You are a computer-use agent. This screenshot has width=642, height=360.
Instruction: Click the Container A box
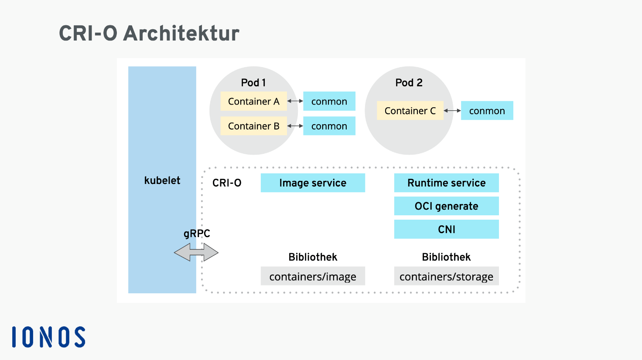[254, 101]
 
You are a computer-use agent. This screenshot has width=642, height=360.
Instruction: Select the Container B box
[254, 126]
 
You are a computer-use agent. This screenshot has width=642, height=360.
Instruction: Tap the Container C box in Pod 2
[410, 111]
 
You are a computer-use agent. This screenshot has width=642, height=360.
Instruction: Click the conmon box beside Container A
[329, 101]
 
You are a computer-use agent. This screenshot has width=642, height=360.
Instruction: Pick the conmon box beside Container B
[329, 126]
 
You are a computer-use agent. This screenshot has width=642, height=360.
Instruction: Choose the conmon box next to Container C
[487, 111]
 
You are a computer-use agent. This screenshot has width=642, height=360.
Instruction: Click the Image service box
[313, 183]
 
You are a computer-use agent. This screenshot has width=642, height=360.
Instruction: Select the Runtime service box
[446, 183]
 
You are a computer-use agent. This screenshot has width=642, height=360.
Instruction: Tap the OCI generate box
[446, 206]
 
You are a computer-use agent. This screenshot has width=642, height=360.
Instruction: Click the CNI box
[446, 229]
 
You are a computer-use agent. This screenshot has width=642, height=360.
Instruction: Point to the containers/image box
[313, 276]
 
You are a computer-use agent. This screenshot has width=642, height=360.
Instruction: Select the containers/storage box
[446, 276]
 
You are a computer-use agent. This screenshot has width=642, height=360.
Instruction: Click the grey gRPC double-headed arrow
[196, 252]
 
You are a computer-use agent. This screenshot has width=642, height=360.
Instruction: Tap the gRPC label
[197, 234]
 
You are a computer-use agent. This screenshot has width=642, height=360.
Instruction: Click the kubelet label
[162, 180]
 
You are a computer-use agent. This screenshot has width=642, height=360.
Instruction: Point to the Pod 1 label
[253, 83]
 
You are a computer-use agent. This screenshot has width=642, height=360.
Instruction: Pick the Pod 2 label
[409, 83]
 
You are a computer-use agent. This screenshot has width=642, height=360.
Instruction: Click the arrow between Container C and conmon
[452, 111]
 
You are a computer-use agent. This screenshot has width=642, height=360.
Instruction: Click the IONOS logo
[49, 337]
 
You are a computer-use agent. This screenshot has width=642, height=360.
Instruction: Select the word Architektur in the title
[181, 34]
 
